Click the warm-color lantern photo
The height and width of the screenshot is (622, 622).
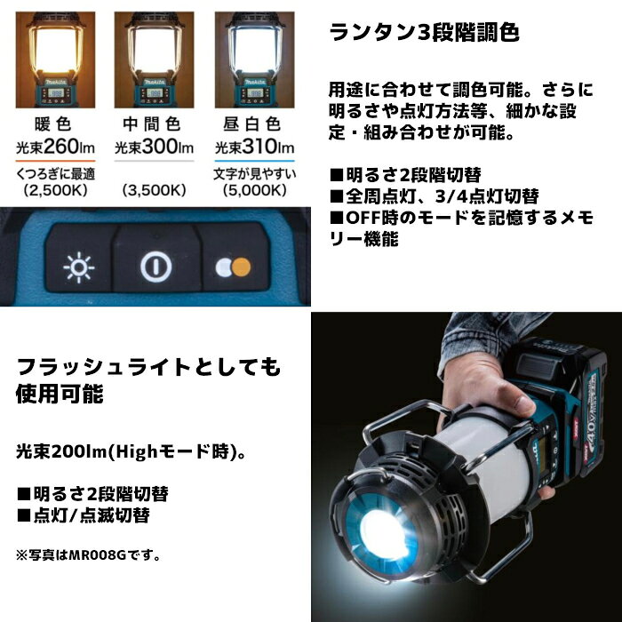pos(55,60)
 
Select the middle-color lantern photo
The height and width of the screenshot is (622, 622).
pos(154,60)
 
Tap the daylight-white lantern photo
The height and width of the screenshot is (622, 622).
pos(255,60)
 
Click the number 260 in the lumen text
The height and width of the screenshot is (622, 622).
pos(61,147)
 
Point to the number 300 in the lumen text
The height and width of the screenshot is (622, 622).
pos(160,147)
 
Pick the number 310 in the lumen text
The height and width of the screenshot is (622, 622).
pos(260,147)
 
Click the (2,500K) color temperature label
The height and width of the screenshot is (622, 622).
pos(55,190)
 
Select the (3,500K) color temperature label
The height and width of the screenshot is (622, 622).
pos(154,190)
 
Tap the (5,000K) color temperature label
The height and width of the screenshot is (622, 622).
pos(255,190)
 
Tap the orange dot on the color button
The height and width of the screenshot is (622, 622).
pos(241,267)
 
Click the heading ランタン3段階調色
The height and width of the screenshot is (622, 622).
pos(424,32)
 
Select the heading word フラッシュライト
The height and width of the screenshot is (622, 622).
pos(104,366)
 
